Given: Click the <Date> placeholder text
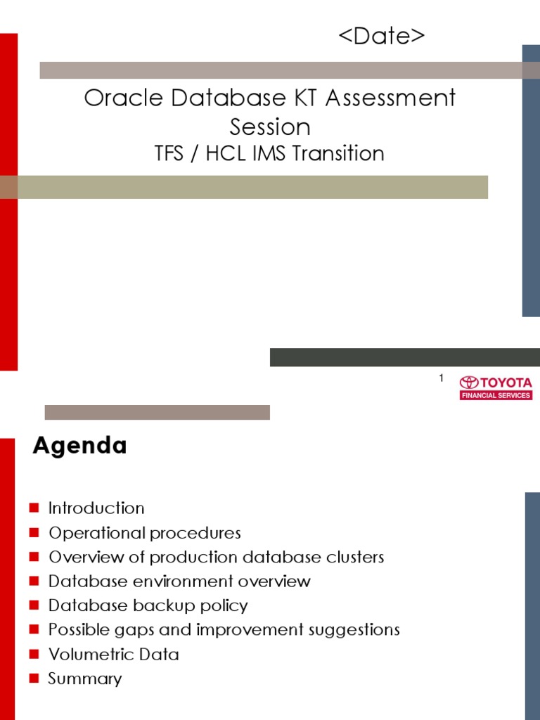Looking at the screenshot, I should tap(382, 37).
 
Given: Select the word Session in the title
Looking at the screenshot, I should tap(270, 127).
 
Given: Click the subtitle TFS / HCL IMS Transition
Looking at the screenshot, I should tap(270, 154).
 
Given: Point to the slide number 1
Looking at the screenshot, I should tap(441, 379).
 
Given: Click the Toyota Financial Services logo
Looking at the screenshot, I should tap(496, 387).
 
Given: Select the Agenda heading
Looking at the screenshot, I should tap(79, 446).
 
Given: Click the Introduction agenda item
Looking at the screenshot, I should tap(96, 508).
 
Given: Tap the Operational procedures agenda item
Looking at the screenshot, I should tap(144, 533).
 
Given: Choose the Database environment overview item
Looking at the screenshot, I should tap(179, 581).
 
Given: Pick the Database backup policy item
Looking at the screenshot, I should tap(148, 605).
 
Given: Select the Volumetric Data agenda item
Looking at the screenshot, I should tap(113, 655).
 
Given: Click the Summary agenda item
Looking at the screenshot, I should tap(84, 679).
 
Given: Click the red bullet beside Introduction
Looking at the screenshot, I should tap(35, 508).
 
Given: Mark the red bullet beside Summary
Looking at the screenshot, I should tap(35, 679).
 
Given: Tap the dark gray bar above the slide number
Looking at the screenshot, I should tap(404, 357).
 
